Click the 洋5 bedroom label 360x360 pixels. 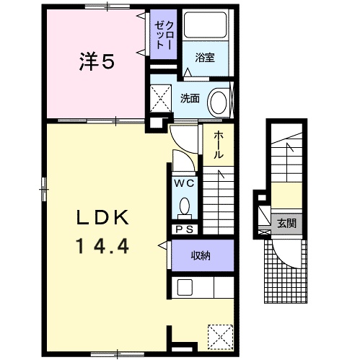[x=97, y=61]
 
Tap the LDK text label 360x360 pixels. [x=102, y=218]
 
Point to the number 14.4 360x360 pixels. [x=102, y=245]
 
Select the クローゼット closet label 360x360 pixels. [x=164, y=35]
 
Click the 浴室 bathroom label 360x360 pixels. [x=205, y=58]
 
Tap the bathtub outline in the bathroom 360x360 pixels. [x=205, y=25]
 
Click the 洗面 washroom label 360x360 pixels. [x=190, y=98]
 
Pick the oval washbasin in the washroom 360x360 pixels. [x=219, y=102]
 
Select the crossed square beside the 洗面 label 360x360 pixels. [x=161, y=98]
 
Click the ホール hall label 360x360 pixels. [x=219, y=145]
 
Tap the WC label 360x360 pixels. [x=185, y=184]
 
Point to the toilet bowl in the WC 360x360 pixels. [x=185, y=206]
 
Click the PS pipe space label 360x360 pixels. [x=185, y=229]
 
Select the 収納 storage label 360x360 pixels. [x=201, y=255]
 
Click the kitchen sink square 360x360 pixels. [x=185, y=287]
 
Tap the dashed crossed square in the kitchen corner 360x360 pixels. [x=221, y=337]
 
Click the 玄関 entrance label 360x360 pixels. [x=286, y=224]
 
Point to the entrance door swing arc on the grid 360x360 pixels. [x=284, y=258]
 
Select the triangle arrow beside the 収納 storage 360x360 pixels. [x=163, y=245]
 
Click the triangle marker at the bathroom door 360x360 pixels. [x=188, y=72]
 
